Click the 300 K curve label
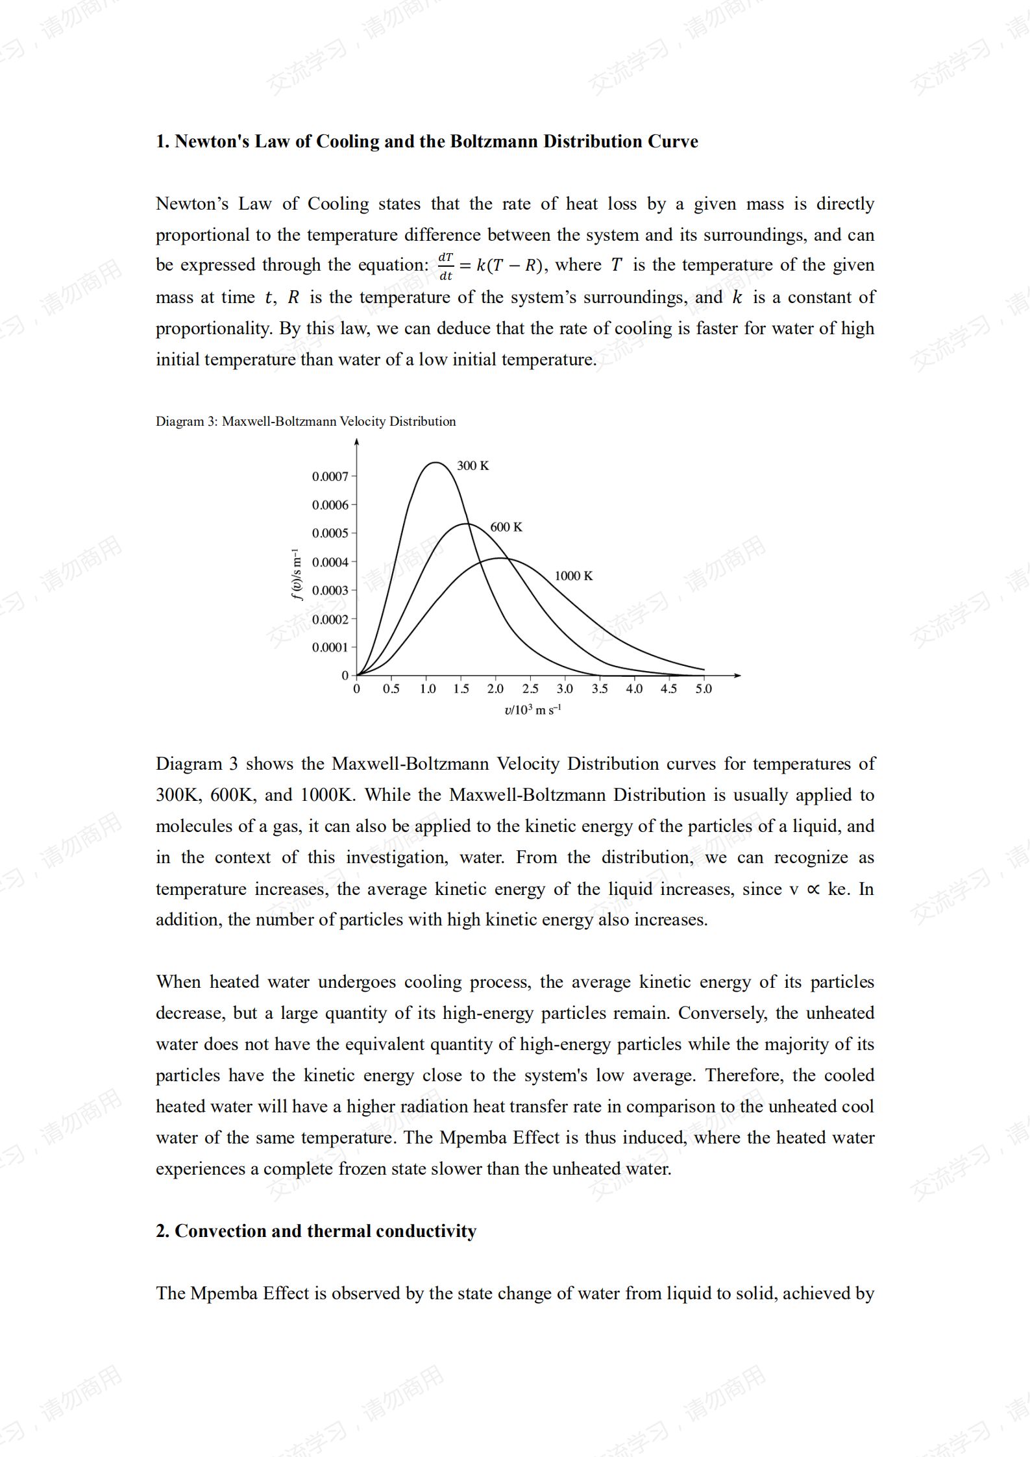pos(472,465)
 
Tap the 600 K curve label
pos(506,527)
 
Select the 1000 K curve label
pos(573,576)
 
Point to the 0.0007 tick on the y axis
pos(330,476)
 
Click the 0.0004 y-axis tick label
pos(330,562)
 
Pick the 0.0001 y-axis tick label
pos(330,647)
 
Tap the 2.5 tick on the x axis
pos(530,689)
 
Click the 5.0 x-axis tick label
pos(704,689)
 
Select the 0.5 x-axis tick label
pos(391,689)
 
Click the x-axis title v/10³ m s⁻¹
pos(532,710)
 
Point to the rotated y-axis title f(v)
pos(297,574)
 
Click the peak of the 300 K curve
pos(435,463)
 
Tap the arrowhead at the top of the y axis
pos(356,443)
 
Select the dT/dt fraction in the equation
pos(446,266)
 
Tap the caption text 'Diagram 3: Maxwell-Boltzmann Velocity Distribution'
pos(306,421)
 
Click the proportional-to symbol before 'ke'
pos(813,889)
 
